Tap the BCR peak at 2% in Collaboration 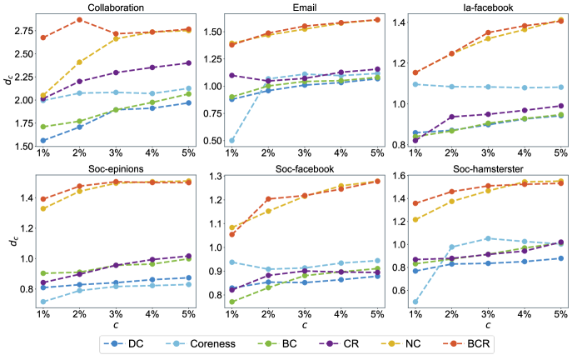79,19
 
